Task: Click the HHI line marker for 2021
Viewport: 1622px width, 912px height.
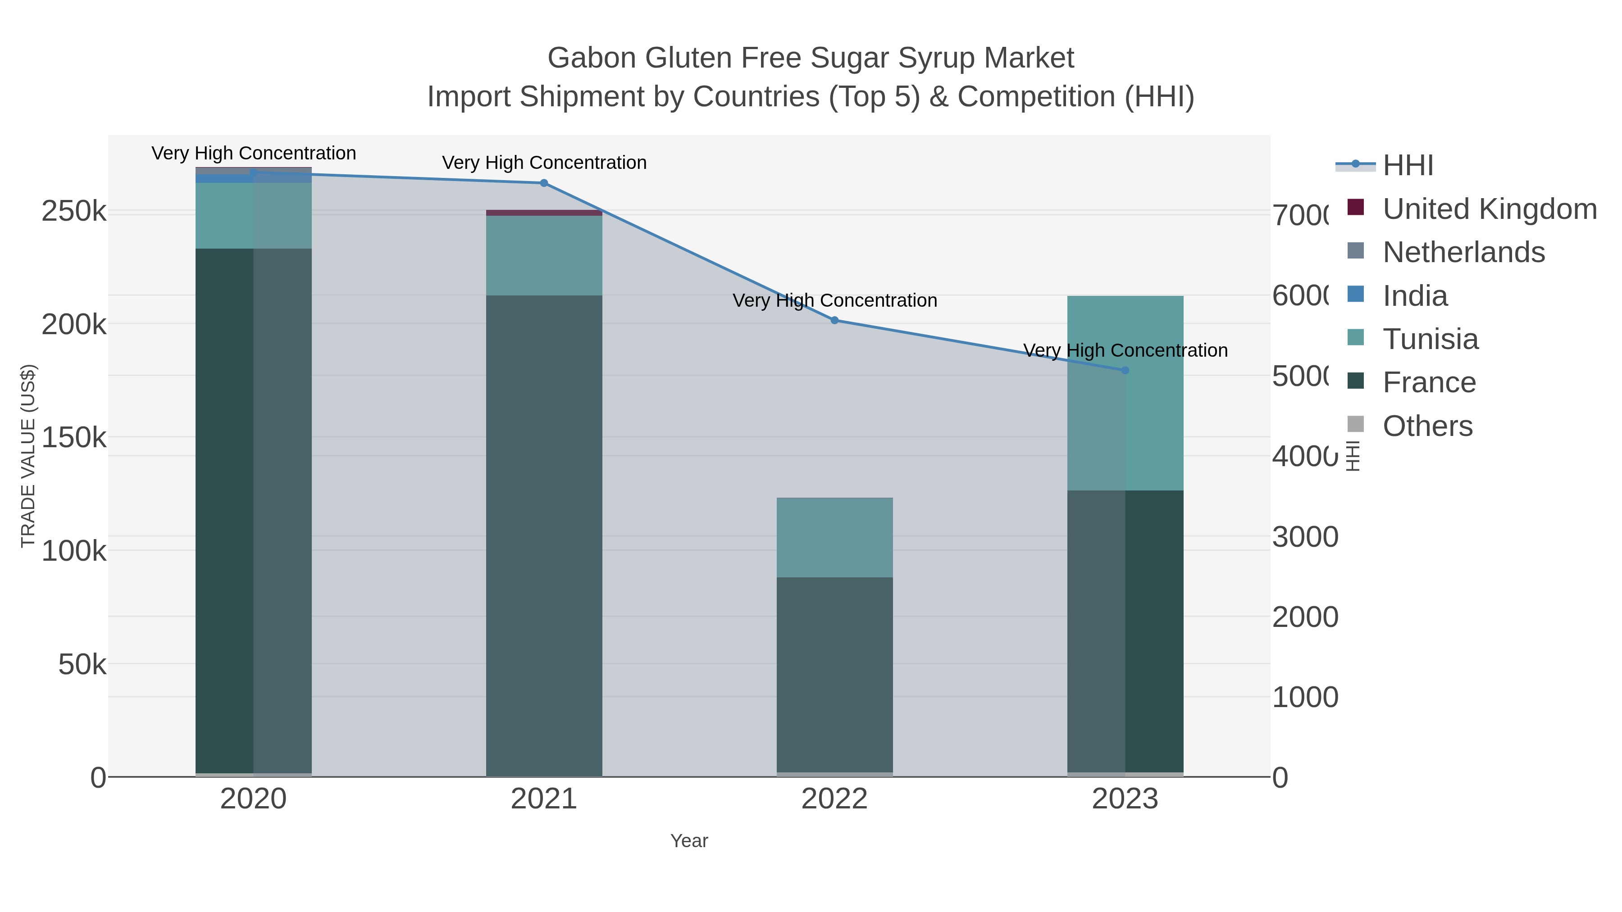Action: click(544, 183)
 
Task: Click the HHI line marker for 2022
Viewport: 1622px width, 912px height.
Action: click(834, 320)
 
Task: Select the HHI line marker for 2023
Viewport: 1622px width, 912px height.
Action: click(1125, 370)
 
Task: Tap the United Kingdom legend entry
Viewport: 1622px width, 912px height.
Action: click(1489, 209)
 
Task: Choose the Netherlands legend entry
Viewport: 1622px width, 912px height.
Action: click(1463, 252)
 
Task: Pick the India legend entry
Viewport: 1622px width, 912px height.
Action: click(1415, 296)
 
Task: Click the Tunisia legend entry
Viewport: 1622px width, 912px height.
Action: click(1430, 339)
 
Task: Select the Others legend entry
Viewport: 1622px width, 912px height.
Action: click(1427, 426)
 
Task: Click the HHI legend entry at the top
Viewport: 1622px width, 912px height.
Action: click(1408, 166)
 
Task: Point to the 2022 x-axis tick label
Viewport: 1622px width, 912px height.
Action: click(834, 799)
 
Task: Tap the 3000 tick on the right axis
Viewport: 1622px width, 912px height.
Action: click(1305, 537)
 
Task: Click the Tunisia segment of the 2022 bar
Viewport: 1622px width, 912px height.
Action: click(834, 537)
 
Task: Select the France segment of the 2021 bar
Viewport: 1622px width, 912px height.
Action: click(544, 535)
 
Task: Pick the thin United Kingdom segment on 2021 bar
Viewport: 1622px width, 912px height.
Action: click(544, 213)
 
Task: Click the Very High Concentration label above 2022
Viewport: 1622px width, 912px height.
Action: click(834, 301)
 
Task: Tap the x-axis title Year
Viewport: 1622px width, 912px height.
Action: click(689, 841)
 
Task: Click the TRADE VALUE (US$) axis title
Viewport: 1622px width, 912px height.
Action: click(27, 456)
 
